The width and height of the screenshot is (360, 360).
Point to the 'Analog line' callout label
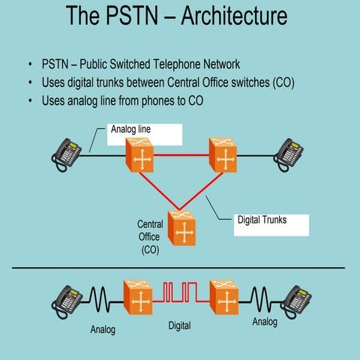coord(131,130)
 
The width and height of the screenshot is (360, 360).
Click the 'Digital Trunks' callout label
coord(262,220)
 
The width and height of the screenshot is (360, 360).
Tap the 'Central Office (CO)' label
coord(150,236)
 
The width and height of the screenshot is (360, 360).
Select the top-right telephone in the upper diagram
coord(289,152)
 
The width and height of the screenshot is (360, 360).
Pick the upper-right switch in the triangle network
coord(223,154)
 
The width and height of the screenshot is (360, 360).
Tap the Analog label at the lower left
coord(103,328)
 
